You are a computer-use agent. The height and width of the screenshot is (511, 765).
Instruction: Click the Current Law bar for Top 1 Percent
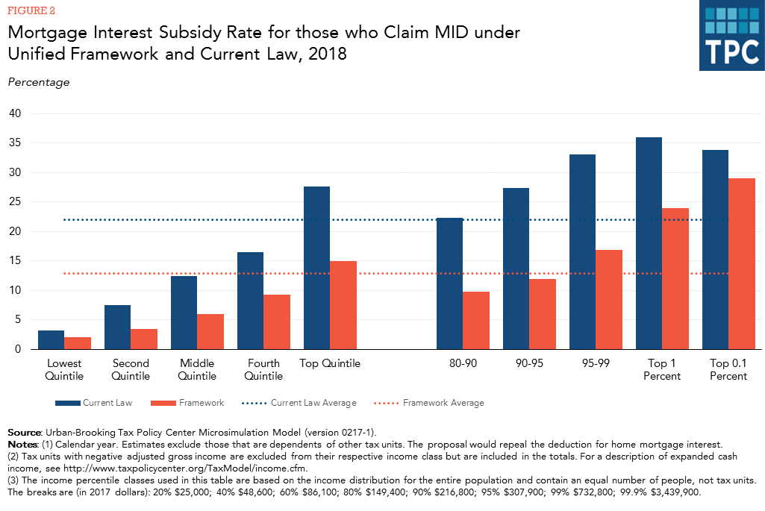coord(649,243)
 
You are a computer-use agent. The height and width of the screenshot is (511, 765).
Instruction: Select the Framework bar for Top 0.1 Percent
coord(741,263)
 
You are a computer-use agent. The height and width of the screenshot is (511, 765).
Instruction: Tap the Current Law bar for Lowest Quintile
coord(51,339)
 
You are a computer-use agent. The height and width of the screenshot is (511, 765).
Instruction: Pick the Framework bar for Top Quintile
coord(343,305)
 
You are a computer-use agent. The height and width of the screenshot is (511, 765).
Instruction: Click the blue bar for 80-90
coord(449,283)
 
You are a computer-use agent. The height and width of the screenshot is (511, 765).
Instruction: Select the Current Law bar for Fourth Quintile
coord(250,301)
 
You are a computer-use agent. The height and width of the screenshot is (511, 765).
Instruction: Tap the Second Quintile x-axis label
coord(131,369)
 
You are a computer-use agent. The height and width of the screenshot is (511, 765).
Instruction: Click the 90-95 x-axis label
coord(528,364)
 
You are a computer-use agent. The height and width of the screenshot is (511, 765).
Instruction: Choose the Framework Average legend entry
coord(443,403)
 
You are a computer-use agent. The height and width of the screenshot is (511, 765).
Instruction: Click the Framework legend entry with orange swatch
coord(201,403)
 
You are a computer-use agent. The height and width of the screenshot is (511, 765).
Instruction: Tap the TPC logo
coord(731,36)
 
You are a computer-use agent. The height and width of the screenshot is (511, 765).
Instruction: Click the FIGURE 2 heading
coord(32,10)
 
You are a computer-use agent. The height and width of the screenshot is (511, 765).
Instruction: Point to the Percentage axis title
coord(38,82)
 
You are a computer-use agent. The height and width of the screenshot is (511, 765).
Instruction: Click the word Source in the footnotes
coord(24,433)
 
